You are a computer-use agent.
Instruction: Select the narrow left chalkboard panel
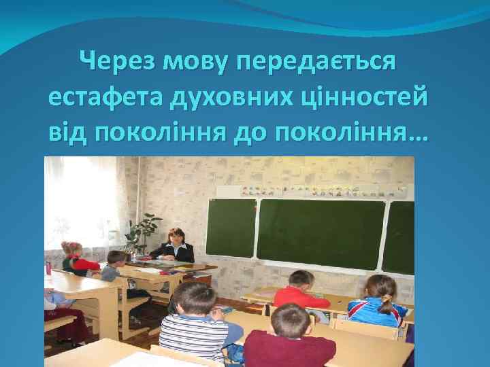tap(230, 228)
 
